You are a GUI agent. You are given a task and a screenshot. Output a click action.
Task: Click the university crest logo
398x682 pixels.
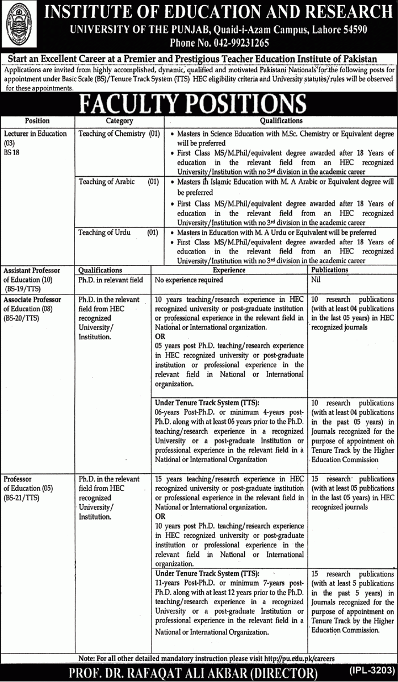[x=18, y=27]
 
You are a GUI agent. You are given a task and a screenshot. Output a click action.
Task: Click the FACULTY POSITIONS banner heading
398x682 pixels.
[x=199, y=104]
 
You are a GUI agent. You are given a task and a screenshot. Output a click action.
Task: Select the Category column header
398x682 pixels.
[x=119, y=121]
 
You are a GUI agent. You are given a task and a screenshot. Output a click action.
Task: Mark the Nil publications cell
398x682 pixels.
[x=316, y=280]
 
